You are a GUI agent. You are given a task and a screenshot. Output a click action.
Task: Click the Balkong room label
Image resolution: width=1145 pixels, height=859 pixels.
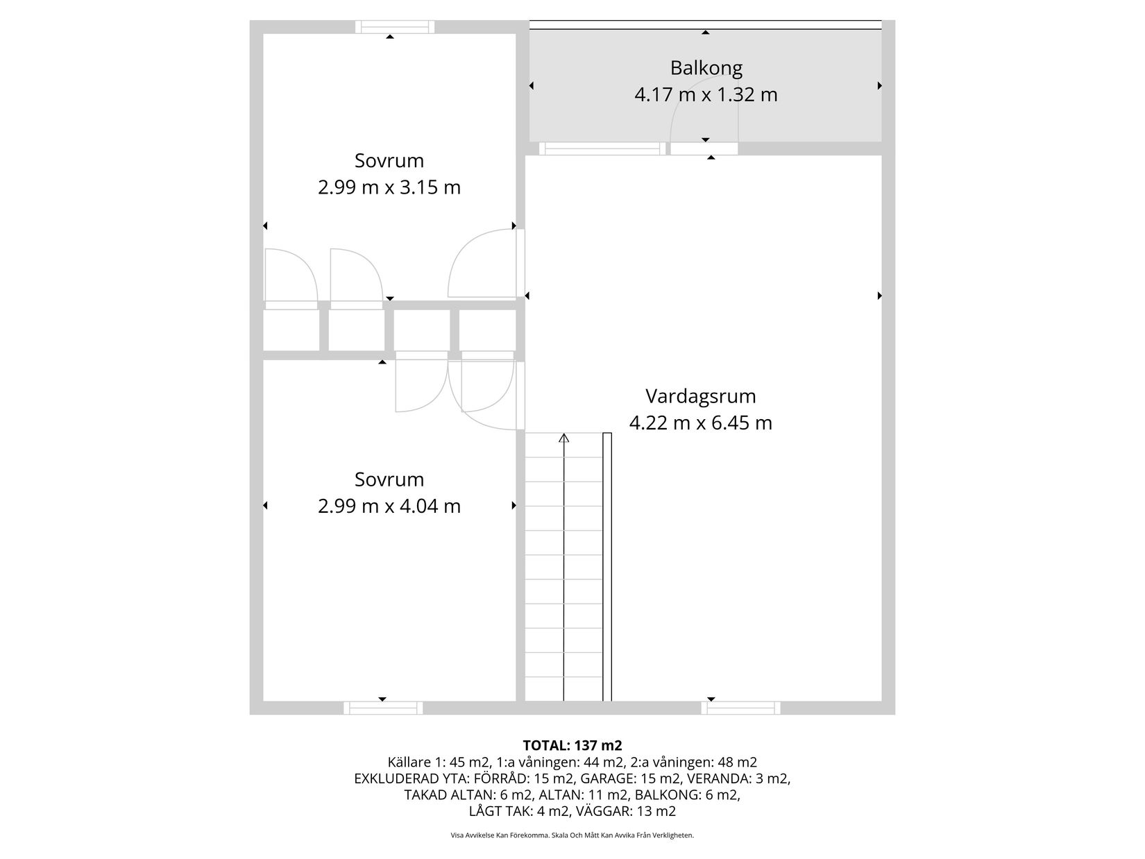tap(706, 68)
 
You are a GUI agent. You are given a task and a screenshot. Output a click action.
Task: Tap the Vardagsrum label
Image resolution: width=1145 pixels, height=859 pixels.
tap(701, 396)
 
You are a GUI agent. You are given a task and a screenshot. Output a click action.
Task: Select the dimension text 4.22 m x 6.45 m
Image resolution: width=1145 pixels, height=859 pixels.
tap(701, 423)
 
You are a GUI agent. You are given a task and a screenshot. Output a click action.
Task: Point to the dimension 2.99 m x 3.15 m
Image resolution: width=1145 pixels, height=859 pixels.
tap(389, 187)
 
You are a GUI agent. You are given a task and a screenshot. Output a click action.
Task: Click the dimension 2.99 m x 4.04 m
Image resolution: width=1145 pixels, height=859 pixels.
tap(389, 506)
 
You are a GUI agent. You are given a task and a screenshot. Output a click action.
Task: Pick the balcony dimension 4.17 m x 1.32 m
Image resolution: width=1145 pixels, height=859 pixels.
tap(706, 94)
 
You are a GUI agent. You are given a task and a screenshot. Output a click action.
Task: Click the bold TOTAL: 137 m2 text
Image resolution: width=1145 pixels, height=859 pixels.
tap(572, 745)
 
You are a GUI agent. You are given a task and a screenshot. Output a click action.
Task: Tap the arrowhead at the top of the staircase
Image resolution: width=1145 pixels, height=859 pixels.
tap(564, 438)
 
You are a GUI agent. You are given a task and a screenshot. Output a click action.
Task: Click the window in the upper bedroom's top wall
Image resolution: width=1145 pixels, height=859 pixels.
tap(395, 26)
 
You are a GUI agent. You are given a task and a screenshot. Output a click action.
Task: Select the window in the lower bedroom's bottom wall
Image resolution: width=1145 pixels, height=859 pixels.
tap(383, 708)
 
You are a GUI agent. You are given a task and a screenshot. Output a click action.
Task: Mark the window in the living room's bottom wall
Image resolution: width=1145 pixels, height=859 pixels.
tap(740, 708)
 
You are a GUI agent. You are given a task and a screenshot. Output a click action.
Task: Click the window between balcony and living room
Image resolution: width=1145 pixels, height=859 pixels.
tap(602, 148)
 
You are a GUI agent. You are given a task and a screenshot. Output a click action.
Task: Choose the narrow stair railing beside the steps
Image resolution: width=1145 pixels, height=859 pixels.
tap(607, 567)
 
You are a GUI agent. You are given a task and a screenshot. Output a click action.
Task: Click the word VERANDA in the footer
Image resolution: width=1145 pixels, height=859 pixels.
tap(715, 778)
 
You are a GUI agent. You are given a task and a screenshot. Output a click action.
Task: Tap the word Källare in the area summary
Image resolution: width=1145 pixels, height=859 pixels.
tap(409, 762)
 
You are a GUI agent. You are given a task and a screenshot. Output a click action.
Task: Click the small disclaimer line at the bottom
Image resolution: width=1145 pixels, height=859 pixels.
tap(572, 835)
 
